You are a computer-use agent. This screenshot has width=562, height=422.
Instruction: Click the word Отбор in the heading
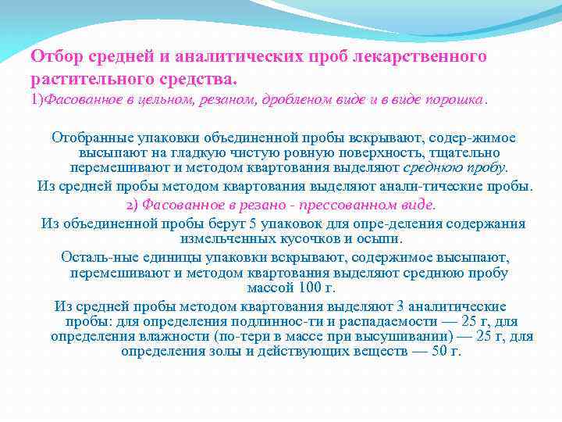(55, 57)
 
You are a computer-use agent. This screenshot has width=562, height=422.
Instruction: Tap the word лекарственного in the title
(422, 57)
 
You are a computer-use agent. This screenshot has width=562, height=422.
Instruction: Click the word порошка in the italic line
(460, 100)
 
